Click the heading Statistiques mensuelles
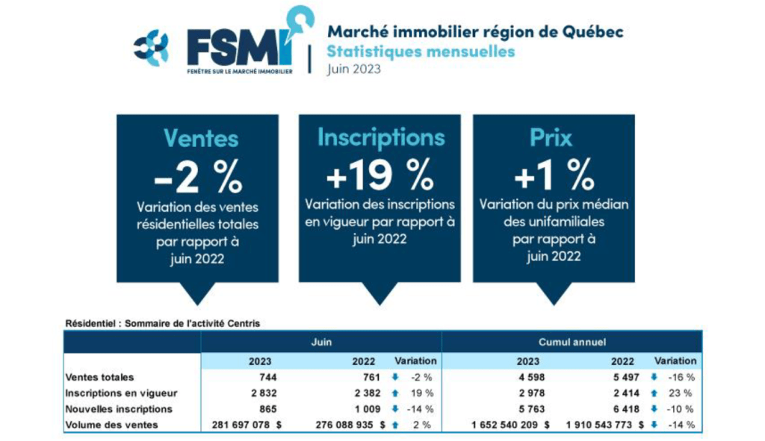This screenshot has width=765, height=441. [421, 51]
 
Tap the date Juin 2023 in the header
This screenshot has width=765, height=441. [353, 69]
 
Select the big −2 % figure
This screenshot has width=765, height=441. [197, 177]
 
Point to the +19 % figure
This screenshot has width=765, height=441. [380, 175]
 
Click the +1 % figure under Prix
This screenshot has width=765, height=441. [554, 175]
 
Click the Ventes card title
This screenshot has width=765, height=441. [200, 138]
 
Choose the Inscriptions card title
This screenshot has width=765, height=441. [380, 137]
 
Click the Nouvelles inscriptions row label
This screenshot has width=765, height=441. [119, 409]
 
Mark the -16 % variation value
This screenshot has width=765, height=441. [681, 378]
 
